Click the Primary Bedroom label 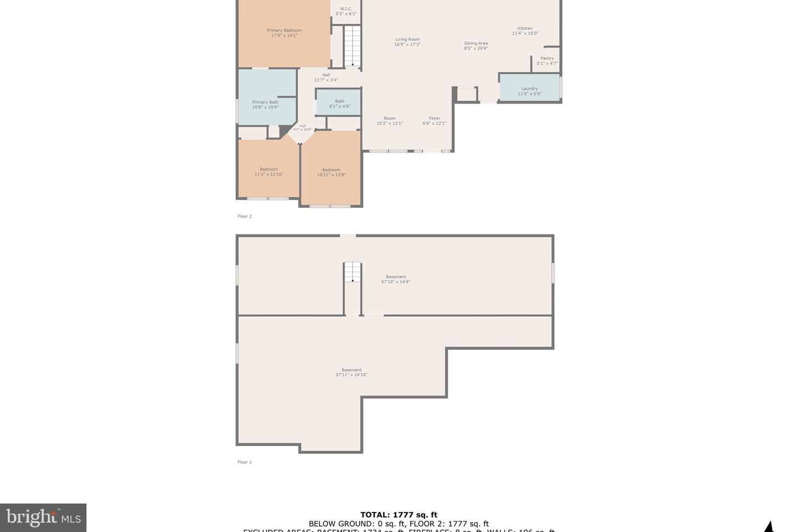(284, 33)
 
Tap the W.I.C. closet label (346, 11)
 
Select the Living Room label (407, 42)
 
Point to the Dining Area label (475, 45)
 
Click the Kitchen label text (525, 30)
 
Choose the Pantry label (547, 60)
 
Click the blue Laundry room (529, 89)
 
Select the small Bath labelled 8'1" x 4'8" (339, 104)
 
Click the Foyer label (434, 120)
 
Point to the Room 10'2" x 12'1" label (390, 120)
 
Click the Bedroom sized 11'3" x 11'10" (269, 171)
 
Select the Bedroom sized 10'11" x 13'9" (331, 172)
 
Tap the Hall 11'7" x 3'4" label (326, 77)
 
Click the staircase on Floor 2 (352, 47)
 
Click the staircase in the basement (352, 272)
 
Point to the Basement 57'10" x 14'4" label (396, 279)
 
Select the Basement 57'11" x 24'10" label (351, 372)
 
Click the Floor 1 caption (244, 462)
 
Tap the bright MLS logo (43, 518)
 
